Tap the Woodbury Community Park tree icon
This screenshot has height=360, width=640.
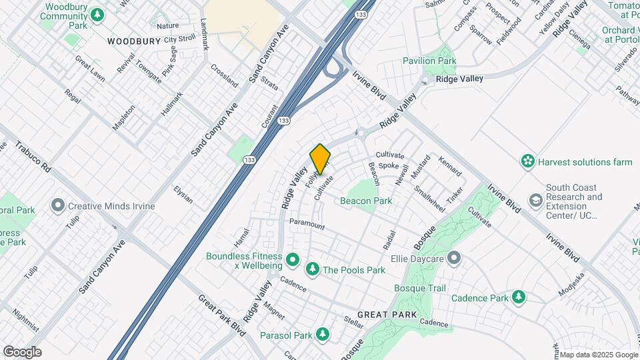point(98,14)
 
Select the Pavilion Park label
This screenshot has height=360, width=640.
point(429,61)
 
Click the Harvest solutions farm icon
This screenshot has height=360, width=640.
point(528,161)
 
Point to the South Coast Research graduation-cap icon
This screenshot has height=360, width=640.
point(535,200)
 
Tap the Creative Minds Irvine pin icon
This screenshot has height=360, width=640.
point(58,206)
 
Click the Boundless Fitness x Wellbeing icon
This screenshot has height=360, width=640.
point(291,259)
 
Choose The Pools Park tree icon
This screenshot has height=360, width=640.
point(311,269)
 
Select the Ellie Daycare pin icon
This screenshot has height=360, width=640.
point(454,257)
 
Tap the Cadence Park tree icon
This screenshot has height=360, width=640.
point(518,297)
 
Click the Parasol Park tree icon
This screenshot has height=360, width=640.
point(323,333)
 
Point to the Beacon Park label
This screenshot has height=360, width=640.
point(365,201)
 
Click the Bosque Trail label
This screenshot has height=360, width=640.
point(419,288)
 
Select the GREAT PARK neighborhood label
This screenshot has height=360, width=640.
point(387,314)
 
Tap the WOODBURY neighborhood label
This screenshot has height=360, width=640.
point(134,41)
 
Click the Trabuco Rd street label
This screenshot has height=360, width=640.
point(33,157)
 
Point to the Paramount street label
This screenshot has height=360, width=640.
point(307,225)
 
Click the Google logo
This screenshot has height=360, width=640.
point(22,351)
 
